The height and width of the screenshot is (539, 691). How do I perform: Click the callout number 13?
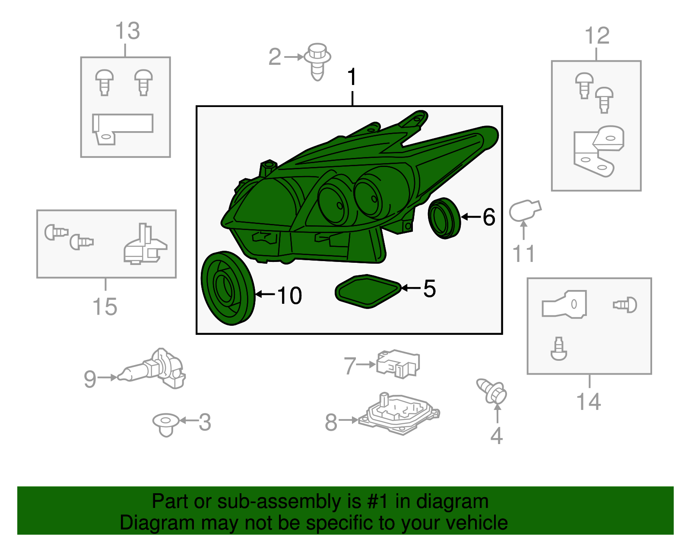coord(127,31)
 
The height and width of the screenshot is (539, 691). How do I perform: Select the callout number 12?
coord(597,35)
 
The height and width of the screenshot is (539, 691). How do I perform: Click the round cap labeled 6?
coord(444,218)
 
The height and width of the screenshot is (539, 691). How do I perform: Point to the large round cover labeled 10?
coord(228,288)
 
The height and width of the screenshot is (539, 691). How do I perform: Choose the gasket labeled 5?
coord(368,291)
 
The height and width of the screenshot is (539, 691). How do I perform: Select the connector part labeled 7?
coord(398,364)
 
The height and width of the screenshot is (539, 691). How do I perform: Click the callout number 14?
coord(589,402)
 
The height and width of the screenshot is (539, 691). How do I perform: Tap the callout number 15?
coord(105,307)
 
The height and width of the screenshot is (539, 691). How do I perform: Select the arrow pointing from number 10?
coord(265,294)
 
